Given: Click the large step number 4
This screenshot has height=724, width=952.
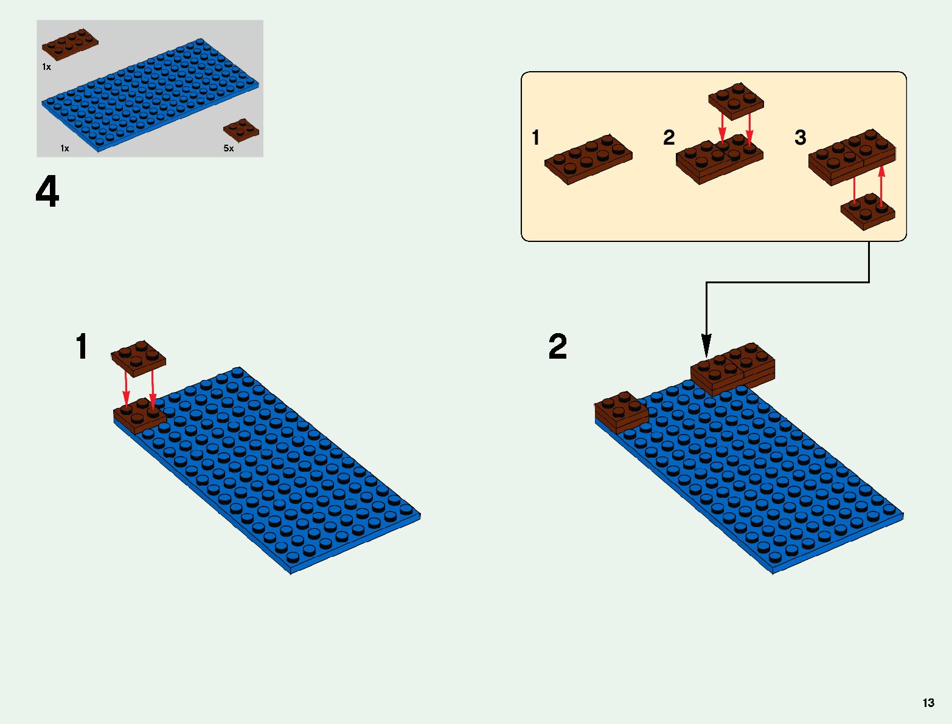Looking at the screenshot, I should pyautogui.click(x=47, y=191).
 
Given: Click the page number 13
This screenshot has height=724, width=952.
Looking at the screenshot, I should pyautogui.click(x=928, y=703).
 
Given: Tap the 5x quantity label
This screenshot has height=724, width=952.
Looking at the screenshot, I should pyautogui.click(x=229, y=148).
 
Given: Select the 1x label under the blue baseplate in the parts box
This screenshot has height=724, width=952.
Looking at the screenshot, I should pyautogui.click(x=64, y=148).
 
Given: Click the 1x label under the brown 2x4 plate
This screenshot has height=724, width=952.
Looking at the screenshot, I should pyautogui.click(x=47, y=67).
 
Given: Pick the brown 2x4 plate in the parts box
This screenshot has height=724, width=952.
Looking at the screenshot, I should pyautogui.click(x=69, y=44).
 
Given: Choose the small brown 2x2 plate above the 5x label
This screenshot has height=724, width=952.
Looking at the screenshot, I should pyautogui.click(x=241, y=129).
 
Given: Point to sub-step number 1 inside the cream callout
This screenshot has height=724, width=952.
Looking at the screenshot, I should pyautogui.click(x=535, y=138).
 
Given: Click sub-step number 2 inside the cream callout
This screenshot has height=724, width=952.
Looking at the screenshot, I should pyautogui.click(x=669, y=137).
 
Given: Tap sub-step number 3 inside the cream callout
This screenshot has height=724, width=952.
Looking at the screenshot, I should pyautogui.click(x=801, y=137).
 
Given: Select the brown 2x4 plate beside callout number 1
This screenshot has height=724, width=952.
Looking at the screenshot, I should pyautogui.click(x=588, y=159).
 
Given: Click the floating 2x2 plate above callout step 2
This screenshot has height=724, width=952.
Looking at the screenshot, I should pyautogui.click(x=736, y=100).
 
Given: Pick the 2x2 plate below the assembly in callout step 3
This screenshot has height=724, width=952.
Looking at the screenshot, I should pyautogui.click(x=868, y=211).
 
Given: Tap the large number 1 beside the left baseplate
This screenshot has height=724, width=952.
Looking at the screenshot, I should pyautogui.click(x=82, y=347).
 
